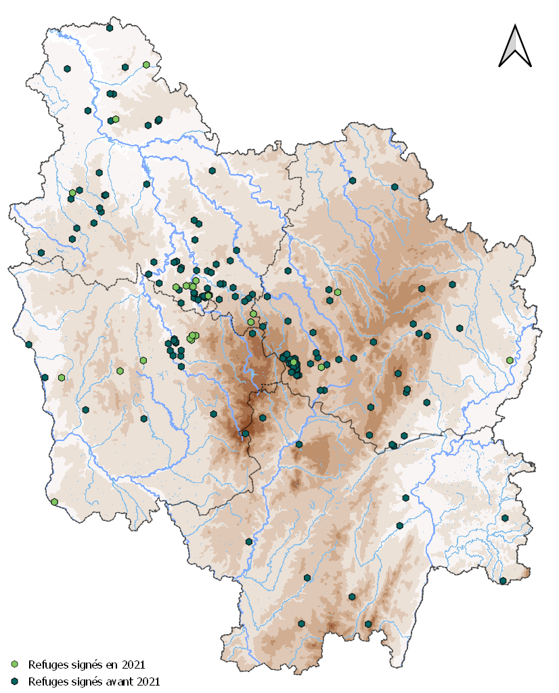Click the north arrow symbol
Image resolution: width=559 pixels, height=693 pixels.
[515, 47]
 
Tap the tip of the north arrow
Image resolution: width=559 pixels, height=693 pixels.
[515, 26]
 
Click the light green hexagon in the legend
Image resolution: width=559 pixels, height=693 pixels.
[15, 665]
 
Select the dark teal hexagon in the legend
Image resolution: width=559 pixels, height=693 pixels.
[15, 681]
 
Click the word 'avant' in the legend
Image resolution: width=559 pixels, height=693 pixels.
[118, 681]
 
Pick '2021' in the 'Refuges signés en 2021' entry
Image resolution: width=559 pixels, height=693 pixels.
[131, 665]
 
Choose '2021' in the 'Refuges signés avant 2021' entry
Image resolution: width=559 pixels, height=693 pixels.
[146, 681]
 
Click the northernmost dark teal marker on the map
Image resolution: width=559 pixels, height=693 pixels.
[110, 28]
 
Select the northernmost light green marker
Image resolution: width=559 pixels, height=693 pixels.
[146, 64]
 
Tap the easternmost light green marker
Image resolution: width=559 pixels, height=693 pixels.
[510, 360]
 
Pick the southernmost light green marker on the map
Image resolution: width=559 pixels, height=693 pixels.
[54, 502]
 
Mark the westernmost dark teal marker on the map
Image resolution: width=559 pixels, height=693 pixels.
[29, 345]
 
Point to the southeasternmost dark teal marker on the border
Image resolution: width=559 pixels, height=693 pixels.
[503, 581]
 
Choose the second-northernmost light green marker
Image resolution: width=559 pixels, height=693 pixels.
[116, 119]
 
